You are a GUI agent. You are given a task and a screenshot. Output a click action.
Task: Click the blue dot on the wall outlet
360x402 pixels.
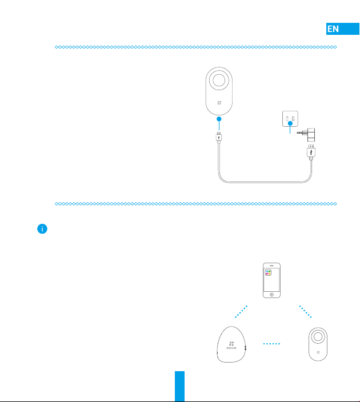pyautogui.click(x=290, y=123)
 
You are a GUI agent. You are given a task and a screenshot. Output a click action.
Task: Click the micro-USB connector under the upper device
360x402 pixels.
pyautogui.click(x=219, y=137)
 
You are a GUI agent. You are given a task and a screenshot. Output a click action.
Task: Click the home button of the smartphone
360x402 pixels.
pyautogui.click(x=271, y=295)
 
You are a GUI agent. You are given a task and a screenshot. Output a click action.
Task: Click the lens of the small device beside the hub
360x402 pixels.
pyautogui.click(x=317, y=337)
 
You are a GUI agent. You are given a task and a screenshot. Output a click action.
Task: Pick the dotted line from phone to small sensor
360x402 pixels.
pyautogui.click(x=305, y=313)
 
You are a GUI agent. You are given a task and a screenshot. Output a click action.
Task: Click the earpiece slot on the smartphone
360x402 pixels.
pyautogui.click(x=271, y=266)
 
